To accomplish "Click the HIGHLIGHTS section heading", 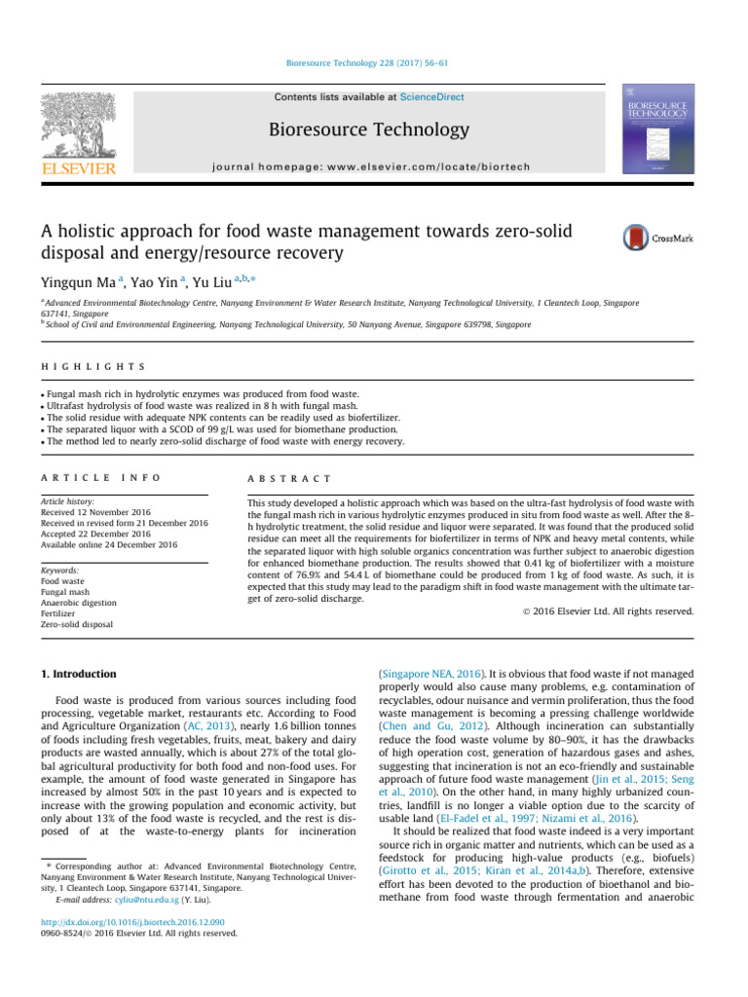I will click(93, 366).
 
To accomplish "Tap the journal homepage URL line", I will click(373, 166).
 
